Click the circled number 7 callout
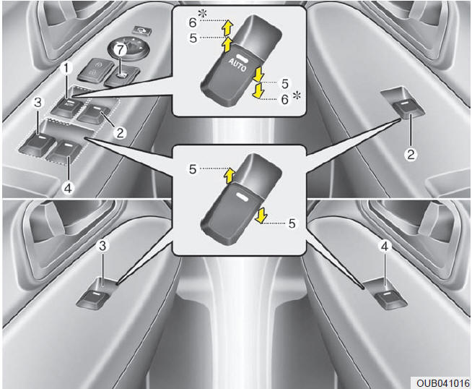pyautogui.click(x=120, y=49)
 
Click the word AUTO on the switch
pyautogui.click(x=237, y=64)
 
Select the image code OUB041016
pyautogui.click(x=443, y=383)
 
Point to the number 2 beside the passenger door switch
pyautogui.click(x=411, y=155)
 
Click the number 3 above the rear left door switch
pyautogui.click(x=102, y=246)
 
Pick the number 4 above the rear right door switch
pyautogui.click(x=385, y=247)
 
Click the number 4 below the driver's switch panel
pyautogui.click(x=69, y=188)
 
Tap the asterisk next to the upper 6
pyautogui.click(x=203, y=13)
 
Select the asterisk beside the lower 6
pyautogui.click(x=297, y=96)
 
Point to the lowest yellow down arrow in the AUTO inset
pyautogui.click(x=258, y=92)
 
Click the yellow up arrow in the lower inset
pyautogui.click(x=230, y=176)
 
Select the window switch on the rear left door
pyautogui.click(x=93, y=298)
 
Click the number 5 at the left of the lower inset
pyautogui.click(x=193, y=169)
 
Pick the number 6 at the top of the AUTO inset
pyautogui.click(x=193, y=22)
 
